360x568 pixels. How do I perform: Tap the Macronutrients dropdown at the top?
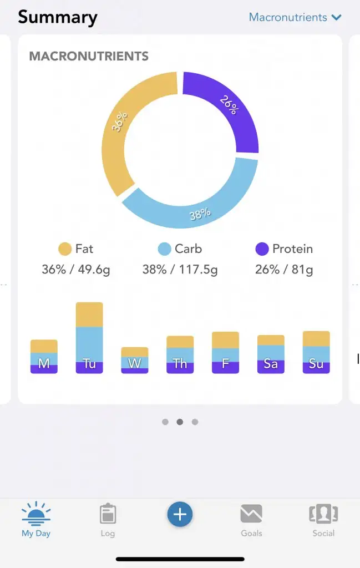(x=295, y=17)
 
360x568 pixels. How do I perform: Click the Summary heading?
(x=58, y=17)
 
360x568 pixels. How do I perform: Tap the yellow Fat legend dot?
(x=65, y=249)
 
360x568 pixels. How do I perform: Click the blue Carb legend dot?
(x=164, y=249)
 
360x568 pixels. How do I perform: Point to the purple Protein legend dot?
(x=262, y=249)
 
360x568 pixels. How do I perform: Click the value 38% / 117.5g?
(x=180, y=270)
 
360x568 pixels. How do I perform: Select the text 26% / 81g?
(x=284, y=270)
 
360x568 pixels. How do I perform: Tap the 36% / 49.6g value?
(x=76, y=270)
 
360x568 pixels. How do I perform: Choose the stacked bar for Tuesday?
(x=89, y=338)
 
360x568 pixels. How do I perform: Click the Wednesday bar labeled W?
(x=135, y=360)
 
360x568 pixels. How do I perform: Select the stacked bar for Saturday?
(x=271, y=354)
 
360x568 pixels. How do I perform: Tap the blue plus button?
(x=180, y=515)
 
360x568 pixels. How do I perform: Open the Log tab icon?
(x=108, y=514)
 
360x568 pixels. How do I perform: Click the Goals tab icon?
(x=251, y=514)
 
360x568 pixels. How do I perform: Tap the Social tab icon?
(x=323, y=514)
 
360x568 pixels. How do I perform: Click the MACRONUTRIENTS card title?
(x=89, y=56)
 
